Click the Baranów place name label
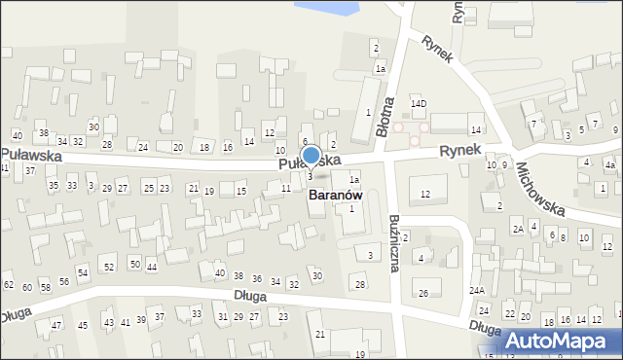point(335,195)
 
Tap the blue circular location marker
point(311,155)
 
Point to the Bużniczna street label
point(395,242)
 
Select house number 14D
point(419,103)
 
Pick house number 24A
point(477,291)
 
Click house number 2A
point(519,229)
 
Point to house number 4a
point(609,165)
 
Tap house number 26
point(422,293)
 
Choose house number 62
point(9,285)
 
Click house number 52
point(109,267)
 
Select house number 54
point(83,272)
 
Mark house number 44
point(151,267)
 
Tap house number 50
point(134,264)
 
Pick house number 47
point(56,325)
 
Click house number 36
point(257,279)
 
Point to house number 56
point(64,281)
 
